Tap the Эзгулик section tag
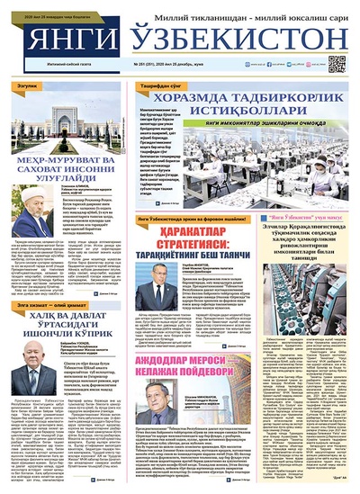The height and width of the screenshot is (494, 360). click(x=27, y=85)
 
